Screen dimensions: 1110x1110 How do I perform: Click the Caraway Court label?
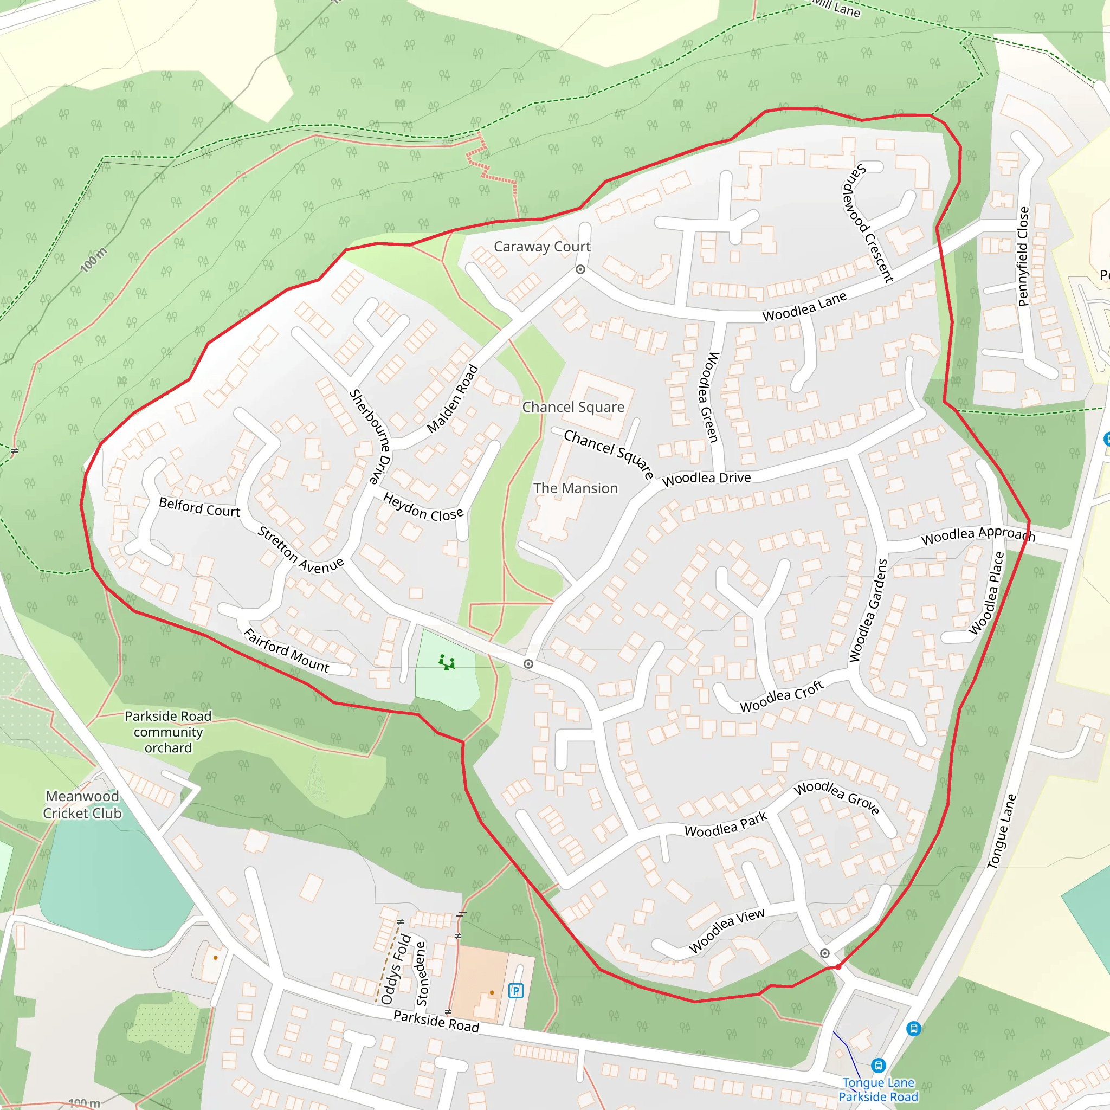point(542,247)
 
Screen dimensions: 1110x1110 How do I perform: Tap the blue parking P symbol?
point(515,991)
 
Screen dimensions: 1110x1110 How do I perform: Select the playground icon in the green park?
point(447,662)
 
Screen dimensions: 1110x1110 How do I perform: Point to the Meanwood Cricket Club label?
point(82,804)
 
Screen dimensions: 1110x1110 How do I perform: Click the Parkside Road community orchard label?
point(168,731)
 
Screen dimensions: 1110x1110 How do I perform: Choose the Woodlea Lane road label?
point(804,307)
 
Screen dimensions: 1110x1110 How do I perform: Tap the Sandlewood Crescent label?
point(868,223)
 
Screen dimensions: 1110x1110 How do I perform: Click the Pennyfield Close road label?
point(1023,256)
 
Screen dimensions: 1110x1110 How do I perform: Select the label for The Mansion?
point(575,488)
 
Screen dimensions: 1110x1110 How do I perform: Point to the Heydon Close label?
point(423,507)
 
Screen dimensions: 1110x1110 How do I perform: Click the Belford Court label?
point(199,507)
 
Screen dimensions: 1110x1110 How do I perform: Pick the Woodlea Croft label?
point(782,696)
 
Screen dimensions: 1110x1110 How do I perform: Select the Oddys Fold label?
point(395,969)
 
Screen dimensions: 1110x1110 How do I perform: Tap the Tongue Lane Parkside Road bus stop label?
point(878,1089)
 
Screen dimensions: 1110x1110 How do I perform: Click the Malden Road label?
point(452,399)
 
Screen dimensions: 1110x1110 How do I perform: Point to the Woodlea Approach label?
point(978,535)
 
